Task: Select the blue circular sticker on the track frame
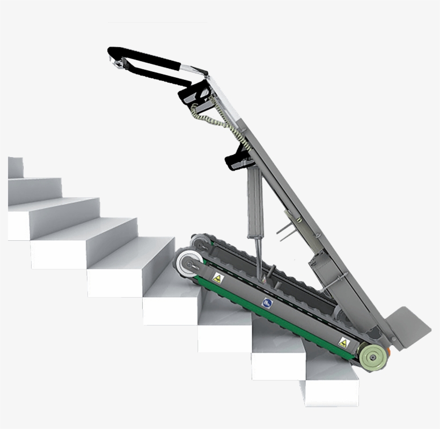pyautogui.click(x=267, y=303)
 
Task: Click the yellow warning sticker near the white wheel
pyautogui.click(x=218, y=278)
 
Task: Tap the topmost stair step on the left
pyautogui.click(x=16, y=167)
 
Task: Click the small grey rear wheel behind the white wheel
pyautogui.click(x=200, y=242)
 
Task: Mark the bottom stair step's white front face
pyautogui.click(x=330, y=394)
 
